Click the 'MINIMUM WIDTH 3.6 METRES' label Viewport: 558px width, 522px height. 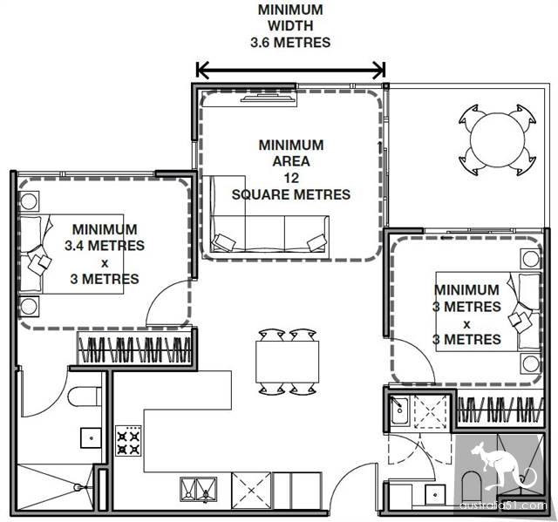[290, 26]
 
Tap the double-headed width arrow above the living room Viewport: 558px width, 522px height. [290, 70]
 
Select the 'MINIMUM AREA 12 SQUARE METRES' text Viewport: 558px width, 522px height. [290, 170]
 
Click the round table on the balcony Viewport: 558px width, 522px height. [497, 140]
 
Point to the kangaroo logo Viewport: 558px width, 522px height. [500, 466]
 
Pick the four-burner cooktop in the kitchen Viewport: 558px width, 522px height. [128, 441]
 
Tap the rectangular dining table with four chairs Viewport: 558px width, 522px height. [287, 362]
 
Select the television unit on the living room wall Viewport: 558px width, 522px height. [269, 98]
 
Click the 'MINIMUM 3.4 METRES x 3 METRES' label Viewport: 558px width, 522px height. [105, 254]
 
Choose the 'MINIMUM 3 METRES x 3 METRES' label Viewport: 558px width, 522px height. [466, 315]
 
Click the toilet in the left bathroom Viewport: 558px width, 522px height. [85, 397]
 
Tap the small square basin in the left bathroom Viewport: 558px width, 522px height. [91, 437]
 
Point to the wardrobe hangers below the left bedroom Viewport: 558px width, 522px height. [134, 350]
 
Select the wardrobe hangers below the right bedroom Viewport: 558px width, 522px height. [500, 410]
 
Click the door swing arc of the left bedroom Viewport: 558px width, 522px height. [158, 291]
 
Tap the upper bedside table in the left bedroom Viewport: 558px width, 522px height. [29, 201]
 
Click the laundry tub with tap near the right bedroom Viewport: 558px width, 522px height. [400, 410]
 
